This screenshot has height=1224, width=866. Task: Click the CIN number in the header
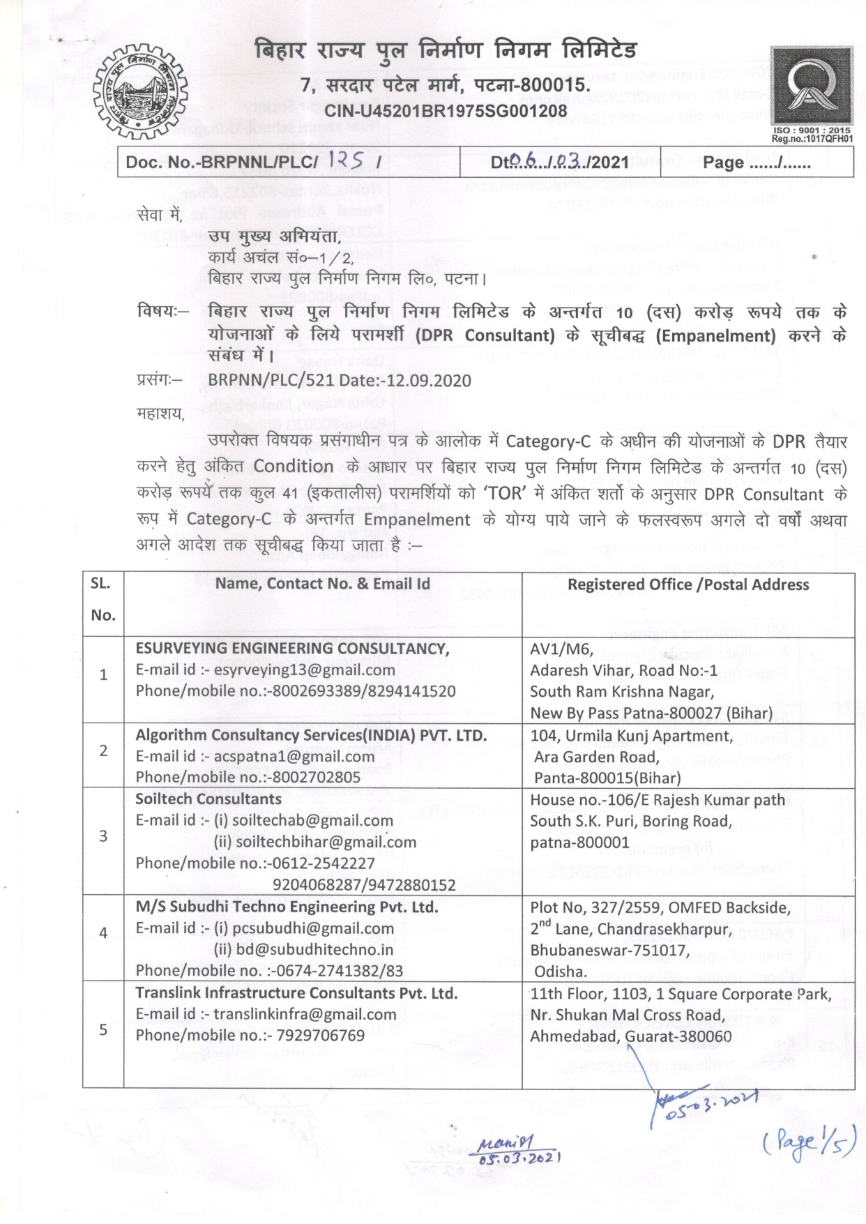[x=446, y=110]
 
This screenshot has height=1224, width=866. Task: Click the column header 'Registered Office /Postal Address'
[x=688, y=584]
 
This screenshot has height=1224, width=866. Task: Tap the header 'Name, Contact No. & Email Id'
[x=322, y=584]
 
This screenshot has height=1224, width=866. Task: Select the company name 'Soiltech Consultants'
[x=208, y=799]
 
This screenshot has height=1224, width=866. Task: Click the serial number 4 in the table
[x=103, y=933]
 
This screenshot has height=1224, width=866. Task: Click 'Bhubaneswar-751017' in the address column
[x=609, y=950]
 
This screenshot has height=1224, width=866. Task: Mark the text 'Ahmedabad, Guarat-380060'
[x=630, y=1036]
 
